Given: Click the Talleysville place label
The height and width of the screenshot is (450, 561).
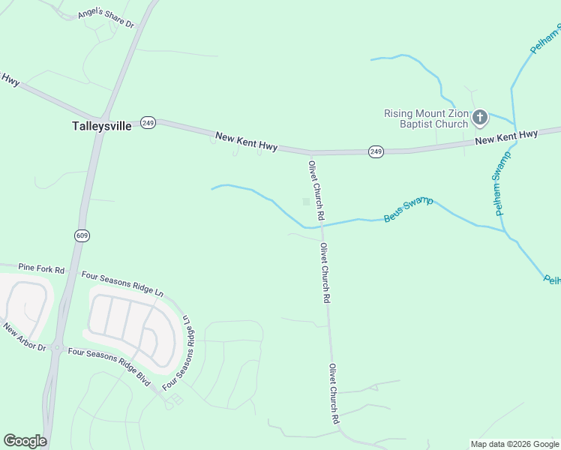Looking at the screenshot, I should click(x=101, y=126).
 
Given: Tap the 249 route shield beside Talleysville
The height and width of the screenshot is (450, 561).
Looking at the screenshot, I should click(x=148, y=123).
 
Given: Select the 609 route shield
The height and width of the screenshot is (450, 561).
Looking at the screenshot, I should click(x=82, y=235).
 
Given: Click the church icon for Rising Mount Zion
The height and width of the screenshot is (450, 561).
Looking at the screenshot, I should click(x=480, y=117).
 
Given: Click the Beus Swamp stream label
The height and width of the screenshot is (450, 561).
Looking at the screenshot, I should click(x=408, y=209).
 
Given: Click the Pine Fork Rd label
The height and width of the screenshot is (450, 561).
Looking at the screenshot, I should click(x=41, y=268).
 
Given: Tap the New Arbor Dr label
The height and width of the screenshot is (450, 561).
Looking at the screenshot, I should click(x=24, y=338).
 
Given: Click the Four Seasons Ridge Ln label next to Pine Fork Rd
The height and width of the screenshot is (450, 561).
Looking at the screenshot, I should click(x=122, y=282).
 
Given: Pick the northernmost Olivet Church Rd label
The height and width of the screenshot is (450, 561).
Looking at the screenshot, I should click(x=316, y=190).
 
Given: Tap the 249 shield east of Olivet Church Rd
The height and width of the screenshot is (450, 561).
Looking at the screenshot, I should click(x=376, y=151).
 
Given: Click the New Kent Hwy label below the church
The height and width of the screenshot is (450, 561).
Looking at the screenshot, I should click(x=506, y=137).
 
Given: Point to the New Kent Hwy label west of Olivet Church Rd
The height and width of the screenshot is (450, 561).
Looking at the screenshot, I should click(x=246, y=142).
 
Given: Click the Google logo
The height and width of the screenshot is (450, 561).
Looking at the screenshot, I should click(x=25, y=441).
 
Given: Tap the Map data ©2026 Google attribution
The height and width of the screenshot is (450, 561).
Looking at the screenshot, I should click(x=514, y=444).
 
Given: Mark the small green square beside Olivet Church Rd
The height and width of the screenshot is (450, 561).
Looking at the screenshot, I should click(x=305, y=201).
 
